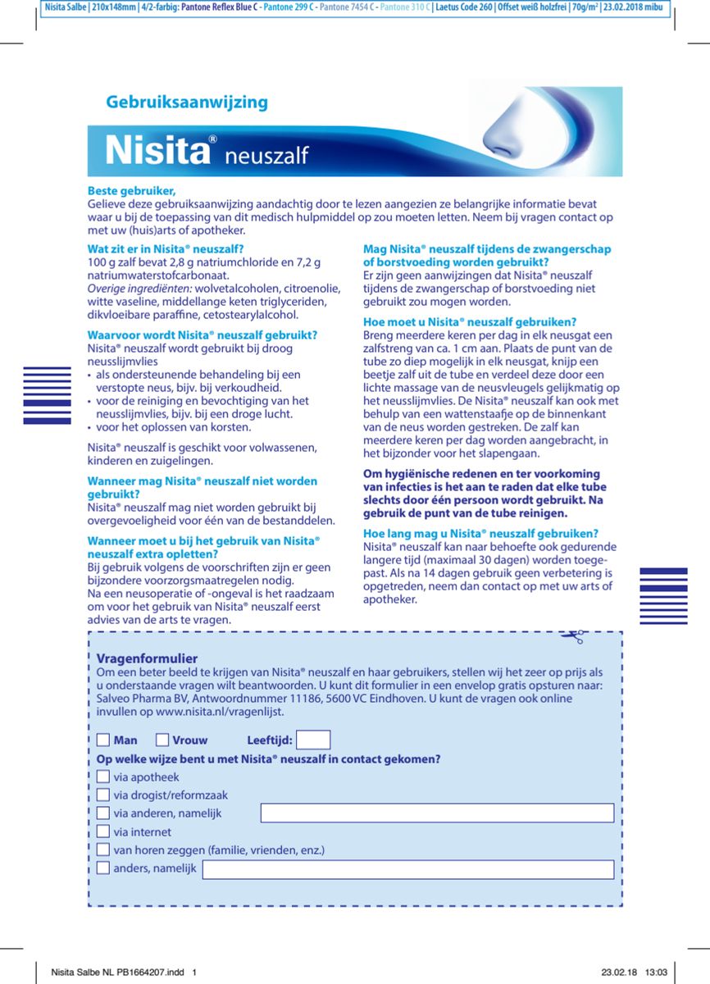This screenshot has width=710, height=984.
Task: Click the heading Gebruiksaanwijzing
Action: pos(187,102)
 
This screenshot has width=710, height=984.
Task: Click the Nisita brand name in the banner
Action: pos(155,153)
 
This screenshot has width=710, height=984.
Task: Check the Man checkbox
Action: pos(103,740)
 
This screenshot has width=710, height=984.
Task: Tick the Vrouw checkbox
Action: pos(162,740)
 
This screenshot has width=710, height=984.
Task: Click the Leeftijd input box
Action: pos(313,740)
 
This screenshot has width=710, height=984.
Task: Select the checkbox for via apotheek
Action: pos(103,777)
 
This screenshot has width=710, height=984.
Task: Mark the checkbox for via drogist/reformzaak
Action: pos(103,795)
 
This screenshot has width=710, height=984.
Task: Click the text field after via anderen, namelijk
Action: pos(437,813)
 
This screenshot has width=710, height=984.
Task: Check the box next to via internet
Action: pos(103,831)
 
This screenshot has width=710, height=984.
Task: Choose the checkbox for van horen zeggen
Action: pos(103,850)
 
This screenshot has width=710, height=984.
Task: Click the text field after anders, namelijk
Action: pos(407,868)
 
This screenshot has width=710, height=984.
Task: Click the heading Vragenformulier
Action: pos(147,658)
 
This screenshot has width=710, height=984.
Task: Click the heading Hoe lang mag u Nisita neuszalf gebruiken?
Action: pos(480,533)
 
